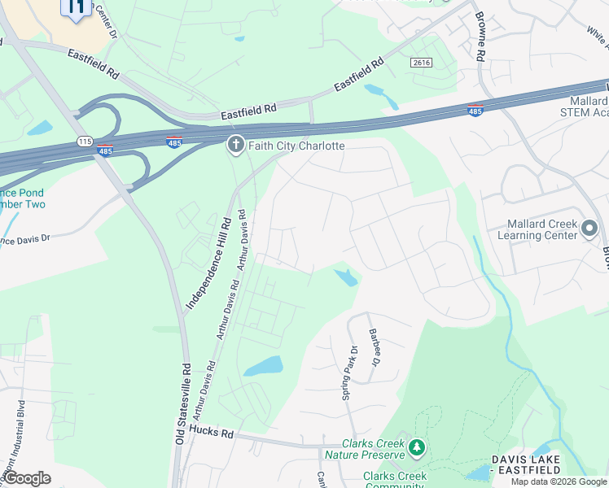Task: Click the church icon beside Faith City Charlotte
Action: coord(235,146)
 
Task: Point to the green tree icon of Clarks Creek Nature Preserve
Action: coord(417,448)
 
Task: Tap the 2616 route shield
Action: coord(420,63)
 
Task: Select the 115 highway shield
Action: coord(85,142)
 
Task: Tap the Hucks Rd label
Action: coord(210,434)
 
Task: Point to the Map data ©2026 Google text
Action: coord(559,481)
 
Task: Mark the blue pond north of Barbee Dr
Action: coord(346,277)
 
